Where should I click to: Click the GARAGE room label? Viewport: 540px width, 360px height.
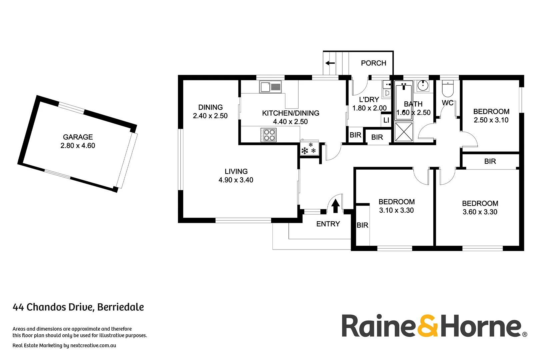click(x=78, y=137)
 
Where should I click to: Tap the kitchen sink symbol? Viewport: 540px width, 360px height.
click(x=270, y=87)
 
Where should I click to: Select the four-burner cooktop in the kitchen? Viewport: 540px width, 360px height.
click(x=268, y=135)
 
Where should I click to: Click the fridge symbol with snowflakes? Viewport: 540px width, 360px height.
click(x=309, y=149)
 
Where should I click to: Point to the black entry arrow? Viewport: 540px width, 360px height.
click(x=335, y=206)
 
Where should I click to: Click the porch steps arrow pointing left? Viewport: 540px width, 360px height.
click(x=330, y=63)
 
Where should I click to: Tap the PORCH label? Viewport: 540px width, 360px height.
click(x=373, y=63)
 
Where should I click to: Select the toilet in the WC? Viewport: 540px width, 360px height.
click(x=448, y=88)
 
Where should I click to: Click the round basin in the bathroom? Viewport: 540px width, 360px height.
click(x=423, y=86)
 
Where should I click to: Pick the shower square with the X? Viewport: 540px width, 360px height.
click(x=404, y=132)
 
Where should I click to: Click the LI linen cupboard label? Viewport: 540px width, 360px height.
click(x=386, y=120)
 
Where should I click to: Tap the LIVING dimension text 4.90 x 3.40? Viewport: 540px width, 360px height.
click(x=236, y=180)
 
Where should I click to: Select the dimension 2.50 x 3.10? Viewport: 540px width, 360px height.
click(x=491, y=120)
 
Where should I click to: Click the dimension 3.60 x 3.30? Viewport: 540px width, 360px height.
click(x=480, y=212)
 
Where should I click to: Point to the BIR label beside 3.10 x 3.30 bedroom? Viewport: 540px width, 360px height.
click(x=362, y=225)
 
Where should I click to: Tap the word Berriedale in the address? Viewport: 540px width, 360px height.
click(x=120, y=307)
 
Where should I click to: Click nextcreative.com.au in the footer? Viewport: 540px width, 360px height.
click(x=93, y=345)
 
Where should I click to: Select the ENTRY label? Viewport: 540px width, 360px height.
click(x=328, y=224)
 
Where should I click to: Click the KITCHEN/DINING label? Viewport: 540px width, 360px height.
click(x=290, y=113)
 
